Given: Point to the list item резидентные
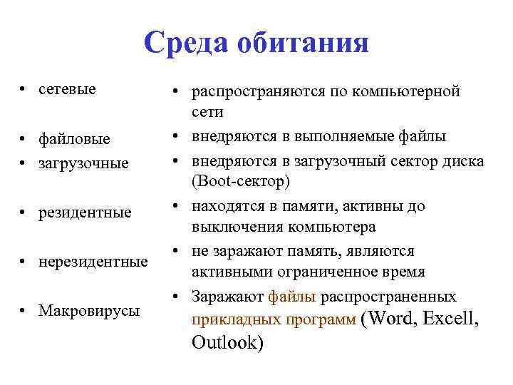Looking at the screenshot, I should (x=85, y=212).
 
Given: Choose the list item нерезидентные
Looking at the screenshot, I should (x=93, y=262).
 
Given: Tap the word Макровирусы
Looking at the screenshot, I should (x=89, y=311).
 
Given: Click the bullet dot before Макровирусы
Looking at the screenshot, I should (x=24, y=311).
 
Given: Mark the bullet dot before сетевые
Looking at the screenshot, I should (x=24, y=91).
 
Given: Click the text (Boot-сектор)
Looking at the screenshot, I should (x=241, y=182).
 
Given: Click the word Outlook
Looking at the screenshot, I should (x=227, y=343).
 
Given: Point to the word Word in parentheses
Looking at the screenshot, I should (x=389, y=318).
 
